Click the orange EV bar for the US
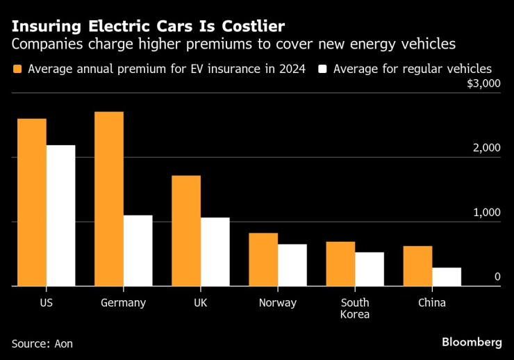(32, 202)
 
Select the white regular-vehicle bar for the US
(61, 215)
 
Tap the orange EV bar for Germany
(109, 199)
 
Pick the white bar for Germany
(138, 251)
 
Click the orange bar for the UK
(186, 231)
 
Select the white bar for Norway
(292, 265)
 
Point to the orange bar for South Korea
(340, 264)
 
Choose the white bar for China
(447, 277)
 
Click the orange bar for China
(417, 266)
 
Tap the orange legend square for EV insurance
(17, 69)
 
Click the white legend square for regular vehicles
(322, 69)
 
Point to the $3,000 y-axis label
(483, 84)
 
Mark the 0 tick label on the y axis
(497, 277)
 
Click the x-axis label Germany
(123, 302)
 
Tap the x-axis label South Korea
(355, 308)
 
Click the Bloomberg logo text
(472, 342)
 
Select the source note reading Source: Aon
(42, 343)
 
